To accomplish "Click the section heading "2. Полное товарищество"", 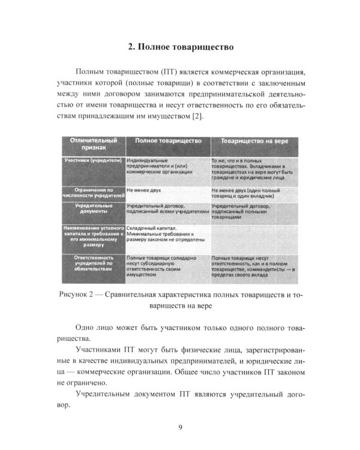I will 179,46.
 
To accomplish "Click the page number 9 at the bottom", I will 180,427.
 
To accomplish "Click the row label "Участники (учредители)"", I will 92,161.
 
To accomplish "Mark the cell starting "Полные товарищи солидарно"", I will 161,263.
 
